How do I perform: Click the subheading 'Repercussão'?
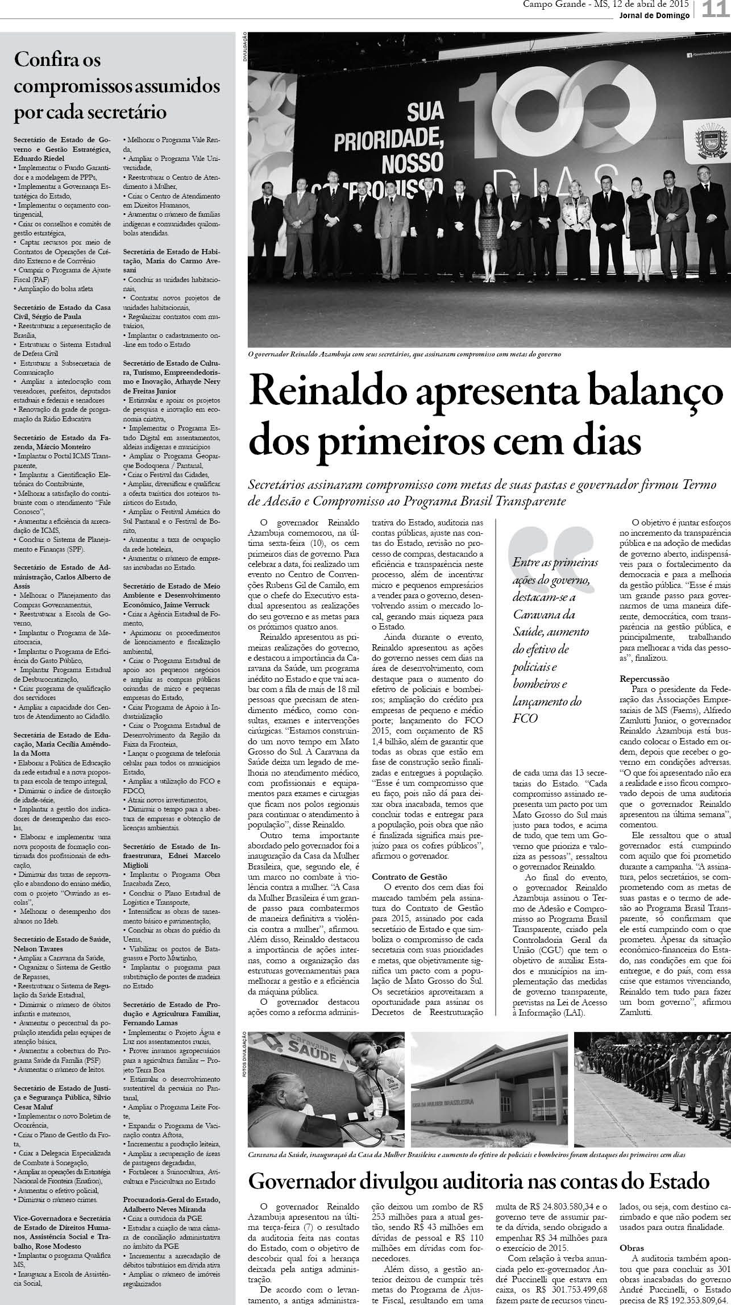645,679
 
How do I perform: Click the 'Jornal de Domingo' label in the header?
654,15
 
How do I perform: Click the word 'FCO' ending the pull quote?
525,718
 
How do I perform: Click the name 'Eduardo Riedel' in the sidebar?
39,158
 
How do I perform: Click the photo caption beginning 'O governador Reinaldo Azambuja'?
405,354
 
